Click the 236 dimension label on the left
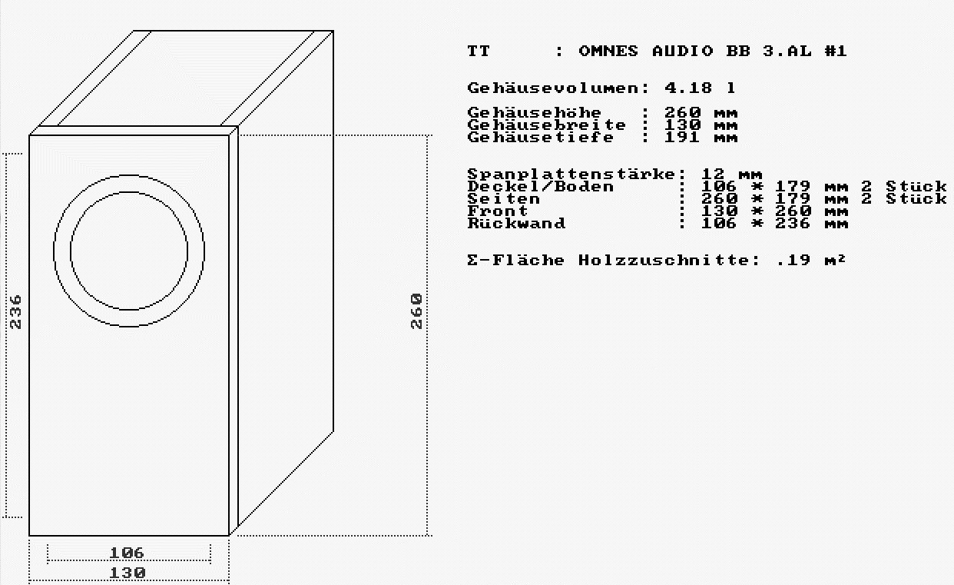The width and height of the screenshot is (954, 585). click(16, 311)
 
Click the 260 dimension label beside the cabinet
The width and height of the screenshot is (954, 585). click(416, 311)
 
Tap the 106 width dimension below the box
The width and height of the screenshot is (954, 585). click(127, 553)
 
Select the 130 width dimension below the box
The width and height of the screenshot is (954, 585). click(127, 573)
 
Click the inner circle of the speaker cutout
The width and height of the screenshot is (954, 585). click(128, 251)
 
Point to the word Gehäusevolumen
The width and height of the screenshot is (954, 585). click(552, 88)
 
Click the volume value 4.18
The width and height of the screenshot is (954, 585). click(688, 88)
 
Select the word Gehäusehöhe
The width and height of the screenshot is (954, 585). click(535, 113)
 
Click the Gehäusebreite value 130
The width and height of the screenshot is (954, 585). click(682, 125)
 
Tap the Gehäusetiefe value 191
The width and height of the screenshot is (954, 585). click(682, 138)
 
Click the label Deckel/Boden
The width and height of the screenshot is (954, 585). click(541, 187)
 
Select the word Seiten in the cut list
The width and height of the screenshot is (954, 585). click(504, 199)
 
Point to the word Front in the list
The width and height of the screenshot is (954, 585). click(498, 211)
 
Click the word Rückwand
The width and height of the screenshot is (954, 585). click(516, 224)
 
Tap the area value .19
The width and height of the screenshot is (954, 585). click(793, 261)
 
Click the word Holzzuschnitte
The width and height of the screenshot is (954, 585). click(664, 261)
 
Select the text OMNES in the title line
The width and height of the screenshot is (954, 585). click(608, 52)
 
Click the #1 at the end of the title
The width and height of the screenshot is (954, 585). click(836, 52)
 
